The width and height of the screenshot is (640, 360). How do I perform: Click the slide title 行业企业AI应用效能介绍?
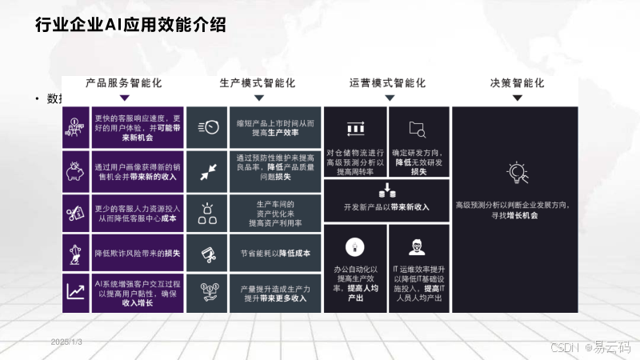pyautogui.click(x=130, y=24)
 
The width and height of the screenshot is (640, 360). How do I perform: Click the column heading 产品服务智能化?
pyautogui.click(x=124, y=82)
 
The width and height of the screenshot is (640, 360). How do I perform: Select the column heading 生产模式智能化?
pyautogui.click(x=258, y=82)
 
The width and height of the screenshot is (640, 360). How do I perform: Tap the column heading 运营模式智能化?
pyautogui.click(x=388, y=82)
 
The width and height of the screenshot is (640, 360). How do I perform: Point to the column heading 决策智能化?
pyautogui.click(x=517, y=82)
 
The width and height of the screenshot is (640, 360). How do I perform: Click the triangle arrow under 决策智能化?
pyautogui.click(x=517, y=98)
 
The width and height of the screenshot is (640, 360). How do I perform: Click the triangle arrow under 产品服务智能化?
pyautogui.click(x=124, y=98)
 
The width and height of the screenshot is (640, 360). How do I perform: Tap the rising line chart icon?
pyautogui.click(x=77, y=292)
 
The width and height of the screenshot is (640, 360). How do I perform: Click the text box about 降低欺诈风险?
pyautogui.click(x=138, y=253)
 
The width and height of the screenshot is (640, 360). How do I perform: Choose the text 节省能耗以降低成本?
pyautogui.click(x=275, y=253)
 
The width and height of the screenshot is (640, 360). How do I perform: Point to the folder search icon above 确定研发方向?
pyautogui.click(x=418, y=128)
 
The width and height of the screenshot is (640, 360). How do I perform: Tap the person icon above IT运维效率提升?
pyautogui.click(x=418, y=246)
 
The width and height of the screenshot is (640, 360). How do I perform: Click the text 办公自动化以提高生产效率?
pyautogui.click(x=355, y=283)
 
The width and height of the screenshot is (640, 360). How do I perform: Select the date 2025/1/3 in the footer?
pyautogui.click(x=66, y=342)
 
